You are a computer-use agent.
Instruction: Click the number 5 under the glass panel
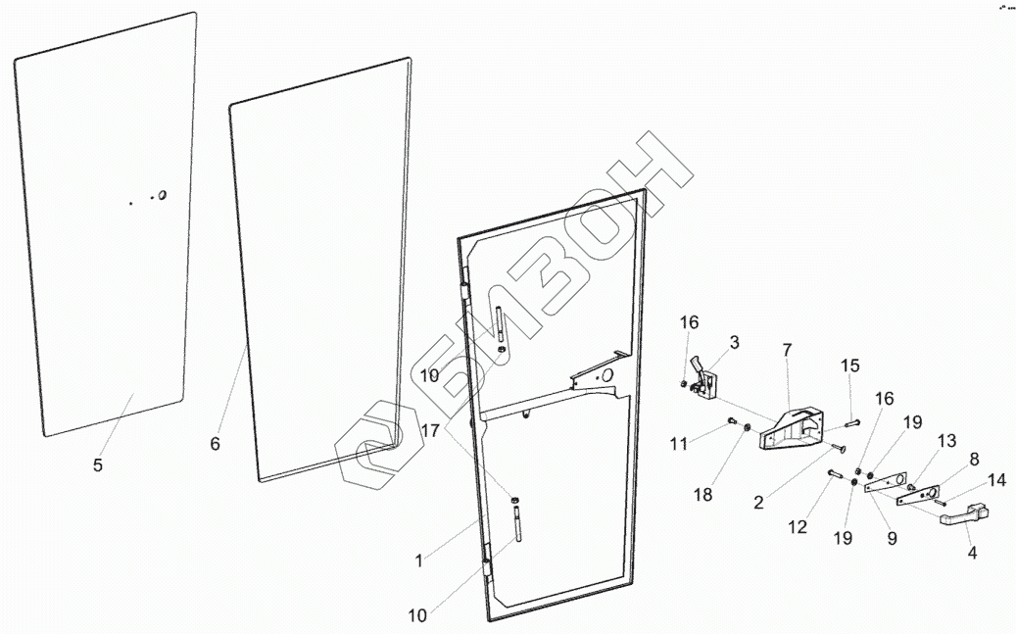[97, 465]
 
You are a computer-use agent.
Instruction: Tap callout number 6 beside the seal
[215, 443]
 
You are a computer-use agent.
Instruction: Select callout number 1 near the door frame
[418, 561]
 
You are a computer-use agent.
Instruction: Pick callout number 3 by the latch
[734, 342]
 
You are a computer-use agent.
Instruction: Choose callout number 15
[849, 366]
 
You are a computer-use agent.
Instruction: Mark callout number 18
[703, 494]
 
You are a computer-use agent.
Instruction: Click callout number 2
[758, 504]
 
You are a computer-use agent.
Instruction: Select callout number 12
[797, 527]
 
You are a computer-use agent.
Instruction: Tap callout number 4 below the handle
[972, 552]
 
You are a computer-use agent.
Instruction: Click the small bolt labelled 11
[731, 422]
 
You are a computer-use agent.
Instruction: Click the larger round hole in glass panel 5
[162, 195]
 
